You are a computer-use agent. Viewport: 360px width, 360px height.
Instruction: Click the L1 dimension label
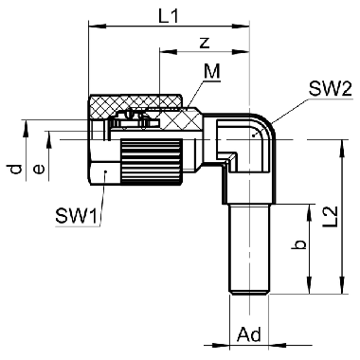tap(169, 16)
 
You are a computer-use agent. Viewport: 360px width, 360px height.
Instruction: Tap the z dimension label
tap(205, 43)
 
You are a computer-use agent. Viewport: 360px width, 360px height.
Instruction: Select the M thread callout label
tap(211, 72)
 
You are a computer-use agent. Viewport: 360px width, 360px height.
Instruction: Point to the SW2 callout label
tap(330, 90)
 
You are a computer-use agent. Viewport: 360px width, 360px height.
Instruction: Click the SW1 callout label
tap(76, 217)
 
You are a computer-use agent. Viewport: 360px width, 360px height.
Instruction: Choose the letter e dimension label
tap(39, 170)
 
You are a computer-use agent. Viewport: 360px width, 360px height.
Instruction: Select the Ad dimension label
tap(249, 334)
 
